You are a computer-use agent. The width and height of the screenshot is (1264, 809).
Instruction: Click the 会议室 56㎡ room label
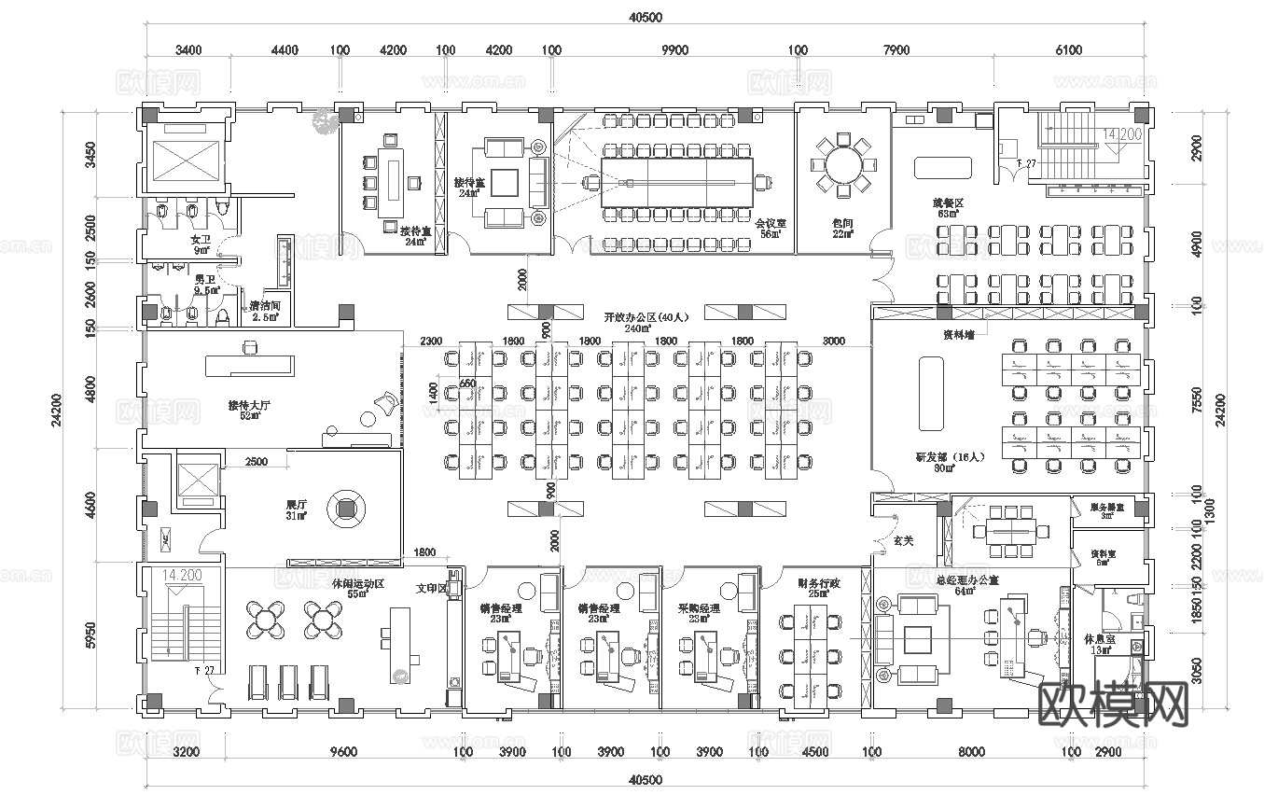tap(771, 229)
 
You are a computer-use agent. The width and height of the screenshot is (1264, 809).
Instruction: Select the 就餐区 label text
tap(948, 202)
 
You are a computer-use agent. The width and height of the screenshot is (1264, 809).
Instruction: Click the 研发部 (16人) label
tap(950, 457)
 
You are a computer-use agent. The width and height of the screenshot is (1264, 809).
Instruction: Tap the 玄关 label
tap(902, 540)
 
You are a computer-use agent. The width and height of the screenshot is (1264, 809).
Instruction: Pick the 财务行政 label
tap(818, 583)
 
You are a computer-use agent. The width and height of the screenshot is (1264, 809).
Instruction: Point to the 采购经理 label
tap(699, 608)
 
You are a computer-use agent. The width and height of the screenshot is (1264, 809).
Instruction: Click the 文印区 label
tap(431, 589)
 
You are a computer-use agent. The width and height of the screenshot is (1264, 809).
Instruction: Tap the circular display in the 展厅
tap(348, 509)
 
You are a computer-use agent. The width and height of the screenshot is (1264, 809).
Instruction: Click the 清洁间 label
tap(265, 306)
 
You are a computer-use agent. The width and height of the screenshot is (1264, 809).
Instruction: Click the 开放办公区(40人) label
tap(637, 317)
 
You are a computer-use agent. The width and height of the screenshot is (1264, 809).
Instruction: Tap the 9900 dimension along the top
tap(674, 50)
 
